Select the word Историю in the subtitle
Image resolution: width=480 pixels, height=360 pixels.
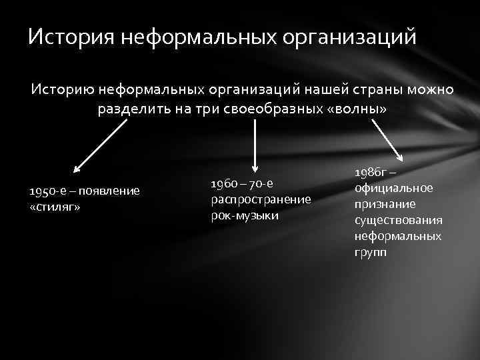click(x=60, y=91)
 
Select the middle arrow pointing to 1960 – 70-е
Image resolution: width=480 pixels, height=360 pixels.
click(x=254, y=146)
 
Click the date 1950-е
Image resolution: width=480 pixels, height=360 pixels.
click(x=46, y=191)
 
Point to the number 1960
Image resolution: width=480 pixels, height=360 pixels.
click(x=223, y=183)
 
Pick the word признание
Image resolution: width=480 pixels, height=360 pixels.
click(x=385, y=204)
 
